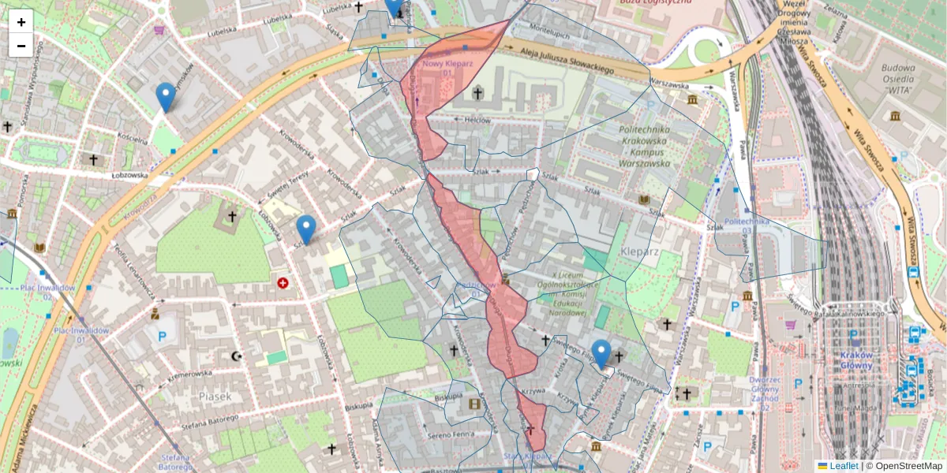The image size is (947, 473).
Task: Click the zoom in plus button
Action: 21,22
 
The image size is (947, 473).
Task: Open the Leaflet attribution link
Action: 843,466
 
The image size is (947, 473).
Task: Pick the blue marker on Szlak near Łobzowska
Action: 306,229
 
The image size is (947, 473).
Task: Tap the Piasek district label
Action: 215,397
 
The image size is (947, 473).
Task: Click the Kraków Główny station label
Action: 855,359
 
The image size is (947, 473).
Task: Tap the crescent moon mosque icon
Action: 235,356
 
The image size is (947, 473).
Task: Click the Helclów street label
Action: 478,121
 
